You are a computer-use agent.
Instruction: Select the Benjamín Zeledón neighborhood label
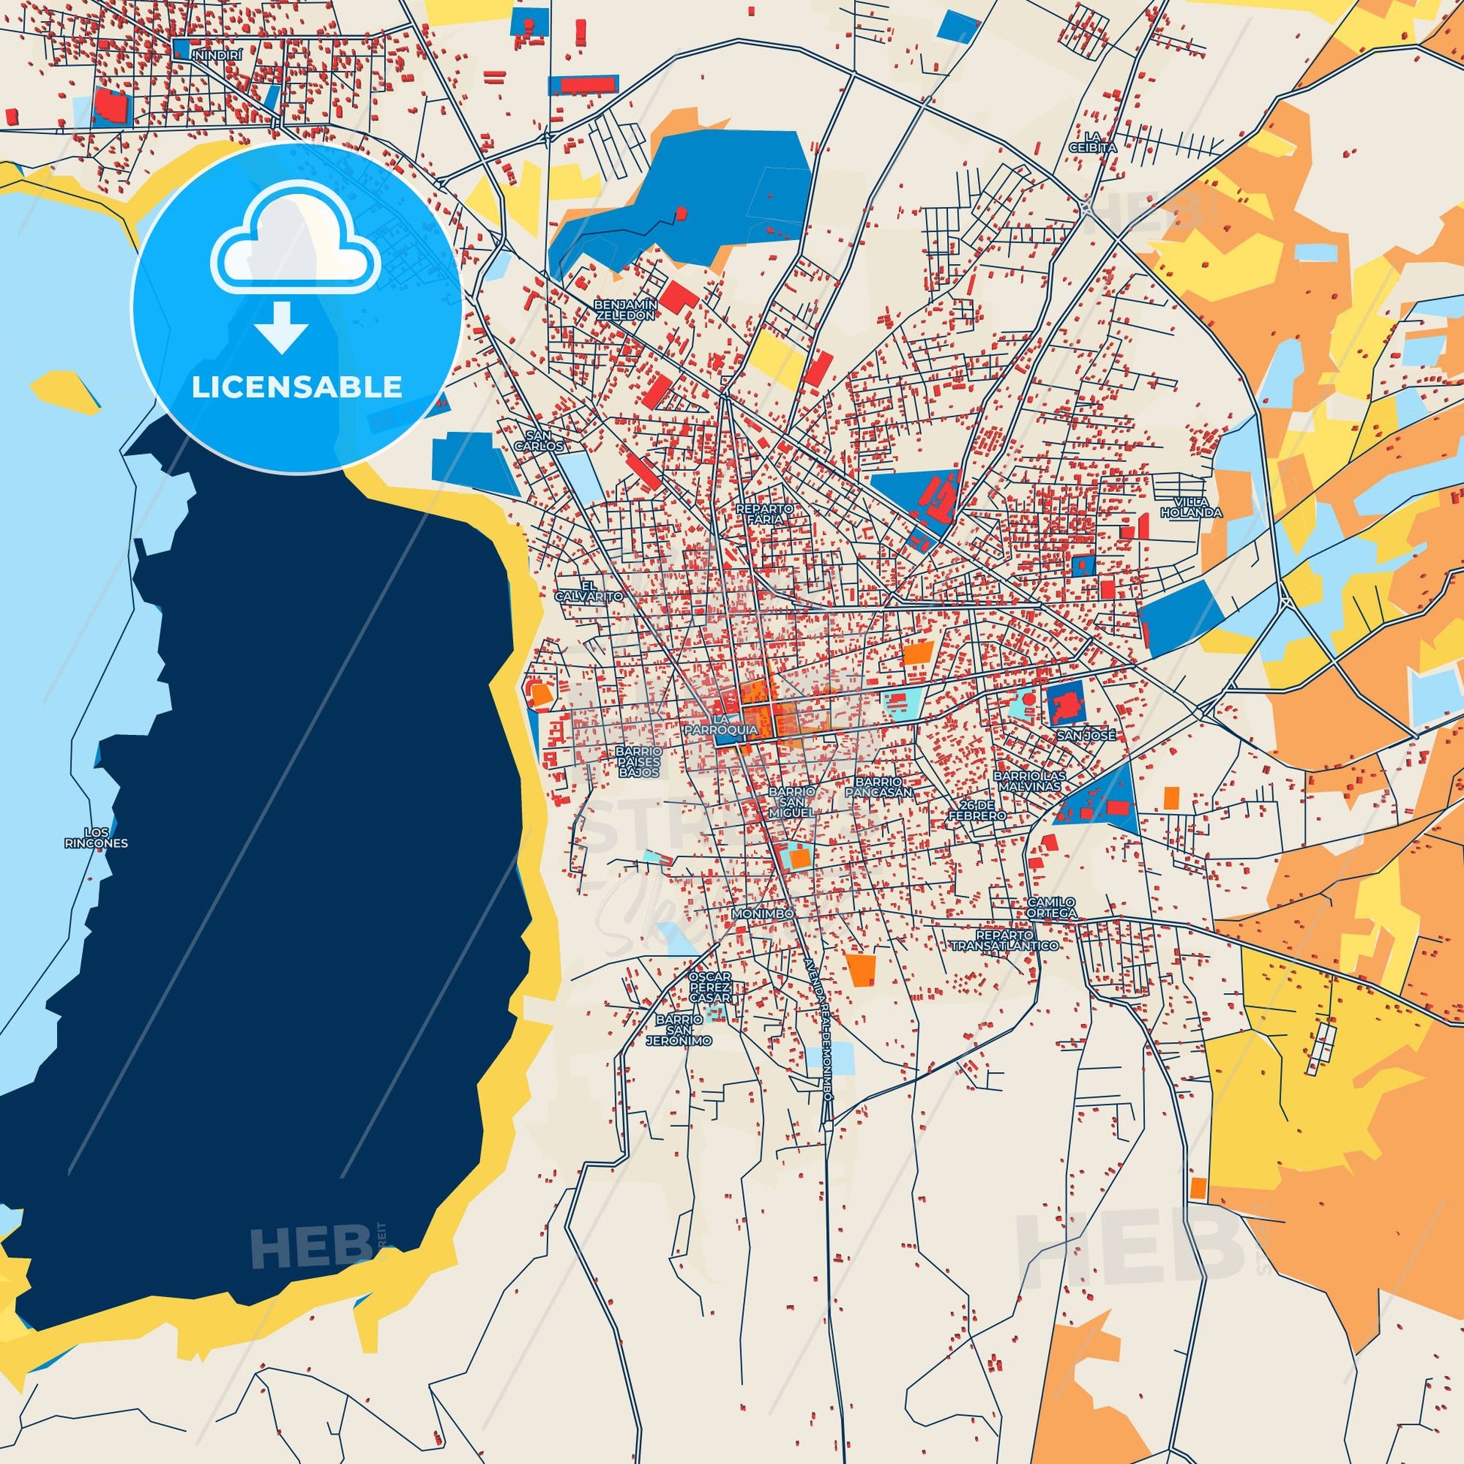click(625, 308)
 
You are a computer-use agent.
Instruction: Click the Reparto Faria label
click(764, 514)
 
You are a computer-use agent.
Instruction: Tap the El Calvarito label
click(589, 591)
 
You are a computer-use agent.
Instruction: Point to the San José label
click(1087, 735)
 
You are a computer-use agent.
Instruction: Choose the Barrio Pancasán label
click(879, 787)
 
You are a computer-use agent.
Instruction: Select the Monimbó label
click(763, 915)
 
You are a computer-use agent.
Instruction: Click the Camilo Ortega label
click(1051, 907)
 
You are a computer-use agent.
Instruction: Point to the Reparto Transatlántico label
click(1005, 940)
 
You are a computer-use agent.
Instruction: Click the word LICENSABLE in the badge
click(296, 387)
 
